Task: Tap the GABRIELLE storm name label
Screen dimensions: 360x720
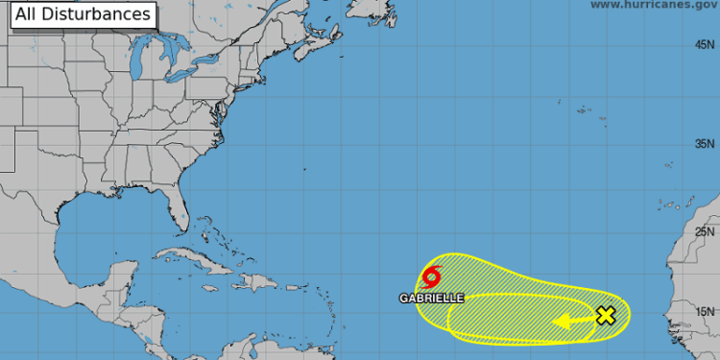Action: (432, 298)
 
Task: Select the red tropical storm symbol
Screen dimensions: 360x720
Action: (431, 277)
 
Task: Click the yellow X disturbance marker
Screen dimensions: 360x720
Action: (606, 315)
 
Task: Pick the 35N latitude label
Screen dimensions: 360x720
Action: (706, 144)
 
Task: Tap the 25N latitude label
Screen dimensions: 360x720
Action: (706, 231)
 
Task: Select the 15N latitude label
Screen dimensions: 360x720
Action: (706, 311)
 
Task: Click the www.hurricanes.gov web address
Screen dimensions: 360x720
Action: (653, 5)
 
